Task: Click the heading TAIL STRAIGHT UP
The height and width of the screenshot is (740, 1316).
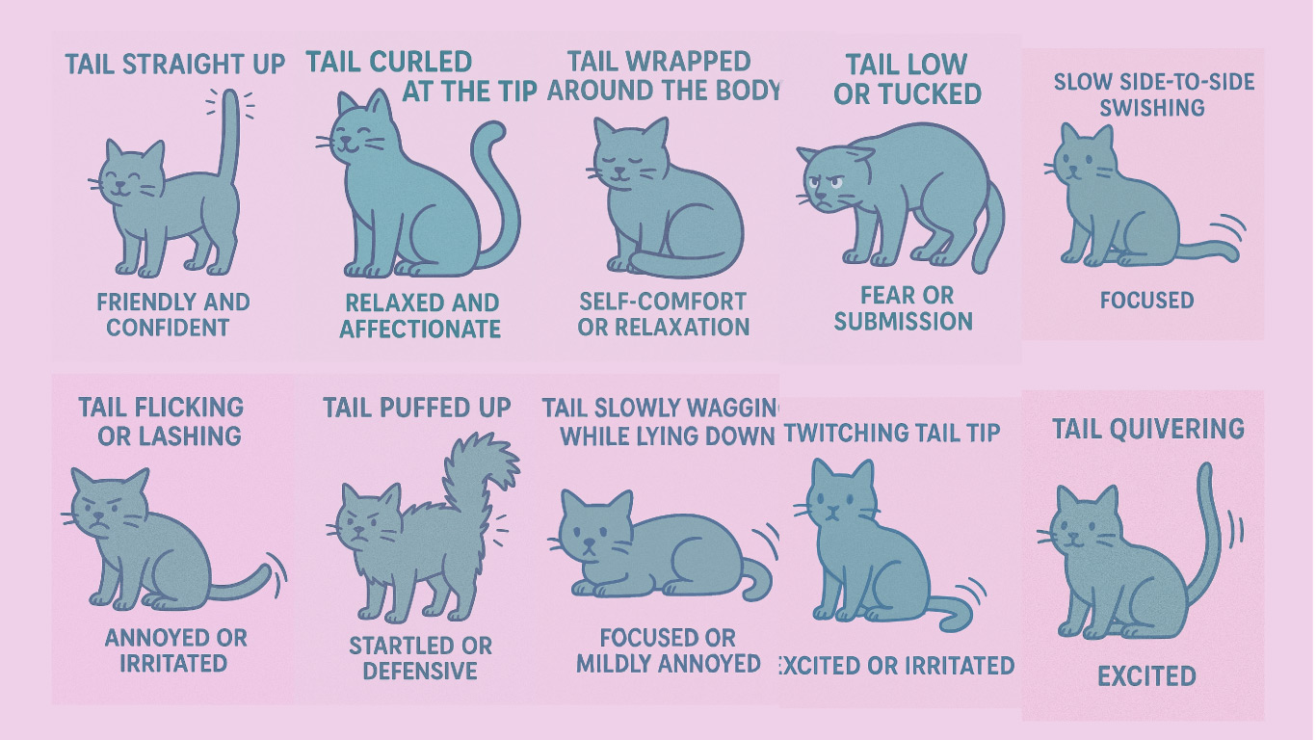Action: point(175,64)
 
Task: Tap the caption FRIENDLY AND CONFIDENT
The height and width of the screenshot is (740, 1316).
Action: point(172,315)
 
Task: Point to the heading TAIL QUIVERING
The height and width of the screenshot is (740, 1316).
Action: point(1148,429)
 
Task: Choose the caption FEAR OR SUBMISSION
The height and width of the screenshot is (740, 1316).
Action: point(905,308)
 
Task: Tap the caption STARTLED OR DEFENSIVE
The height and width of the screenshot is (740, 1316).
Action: point(421,658)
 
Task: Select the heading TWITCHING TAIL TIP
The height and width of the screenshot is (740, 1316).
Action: point(892,434)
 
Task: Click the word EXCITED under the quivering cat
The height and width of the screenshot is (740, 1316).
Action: point(1146,676)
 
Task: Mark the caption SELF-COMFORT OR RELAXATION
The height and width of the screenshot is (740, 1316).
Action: point(663,314)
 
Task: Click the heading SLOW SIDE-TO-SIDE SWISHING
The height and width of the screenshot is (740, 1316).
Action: point(1154,94)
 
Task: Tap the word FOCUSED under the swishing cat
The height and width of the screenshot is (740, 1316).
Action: point(1146,301)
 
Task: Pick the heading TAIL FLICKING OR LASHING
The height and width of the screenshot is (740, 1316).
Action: point(162,421)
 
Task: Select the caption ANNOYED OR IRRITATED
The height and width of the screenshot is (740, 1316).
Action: point(175,650)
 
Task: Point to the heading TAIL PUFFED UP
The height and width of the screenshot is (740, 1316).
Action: point(417,408)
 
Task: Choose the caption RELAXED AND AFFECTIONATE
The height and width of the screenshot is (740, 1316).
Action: point(420,316)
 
